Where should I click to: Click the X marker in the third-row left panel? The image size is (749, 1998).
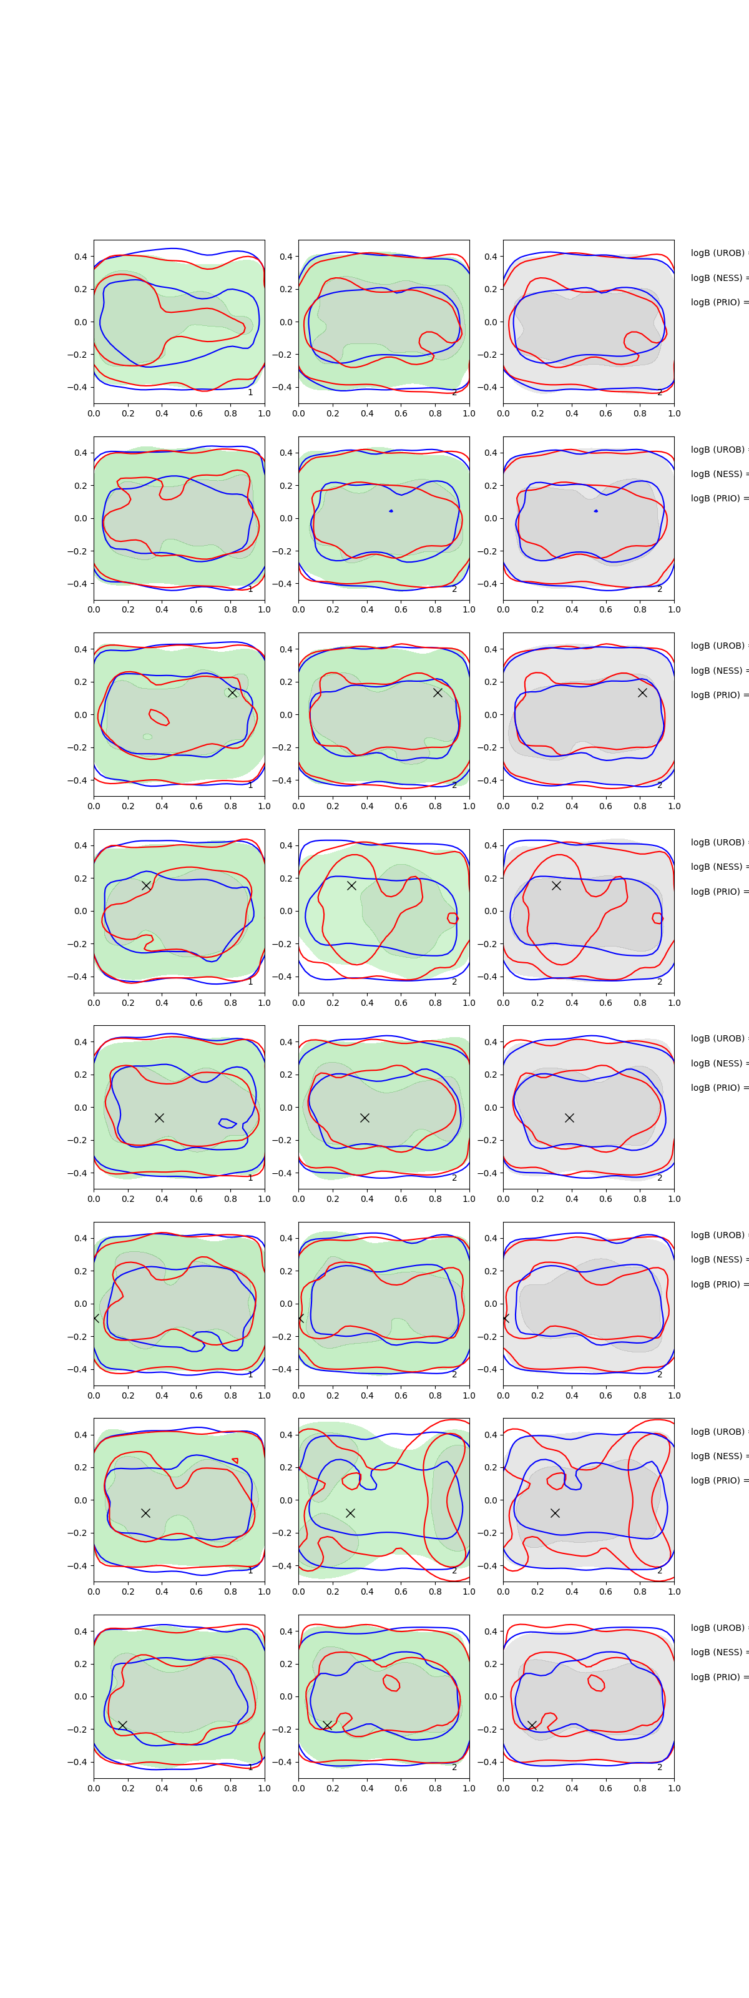coord(232,692)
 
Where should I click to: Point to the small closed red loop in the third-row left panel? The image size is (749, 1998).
coord(158,717)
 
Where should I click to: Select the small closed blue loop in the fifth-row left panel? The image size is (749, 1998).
coord(227,1123)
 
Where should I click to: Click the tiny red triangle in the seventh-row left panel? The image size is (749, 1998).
coord(235,1460)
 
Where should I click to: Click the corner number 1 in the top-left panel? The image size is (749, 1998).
coord(250,393)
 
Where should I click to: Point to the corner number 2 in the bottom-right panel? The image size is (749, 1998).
coord(660,1767)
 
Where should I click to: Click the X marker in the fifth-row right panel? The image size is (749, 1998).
coord(569,1118)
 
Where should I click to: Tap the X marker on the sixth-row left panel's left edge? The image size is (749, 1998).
coord(95,1318)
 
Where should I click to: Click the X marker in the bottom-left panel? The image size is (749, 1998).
coord(122,1725)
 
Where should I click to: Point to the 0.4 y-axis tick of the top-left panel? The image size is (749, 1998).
coord(81,256)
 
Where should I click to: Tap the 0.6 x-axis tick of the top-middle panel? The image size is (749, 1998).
coord(401,413)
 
